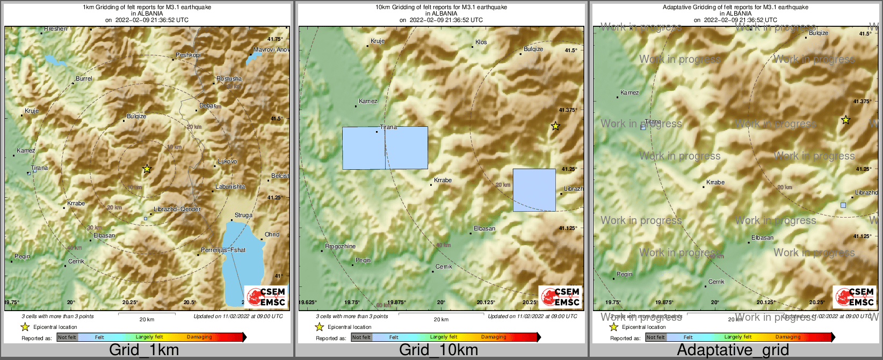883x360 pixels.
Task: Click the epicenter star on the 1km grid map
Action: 147,169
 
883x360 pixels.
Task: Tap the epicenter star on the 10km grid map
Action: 555,126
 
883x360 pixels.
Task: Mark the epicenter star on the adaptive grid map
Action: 845,120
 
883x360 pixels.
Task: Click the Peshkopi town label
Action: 188,55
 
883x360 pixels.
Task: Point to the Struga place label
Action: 243,215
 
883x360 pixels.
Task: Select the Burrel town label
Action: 84,78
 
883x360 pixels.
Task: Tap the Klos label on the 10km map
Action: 481,42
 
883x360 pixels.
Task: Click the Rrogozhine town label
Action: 341,246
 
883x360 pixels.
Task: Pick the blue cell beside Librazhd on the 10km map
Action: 534,190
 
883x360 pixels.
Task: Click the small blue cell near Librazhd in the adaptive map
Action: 843,205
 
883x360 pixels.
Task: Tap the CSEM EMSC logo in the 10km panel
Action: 560,297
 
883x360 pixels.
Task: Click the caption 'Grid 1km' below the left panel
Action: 144,350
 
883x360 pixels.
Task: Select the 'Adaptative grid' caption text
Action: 733,350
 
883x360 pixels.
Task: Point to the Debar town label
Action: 207,106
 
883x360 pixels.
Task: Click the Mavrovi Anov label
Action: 271,49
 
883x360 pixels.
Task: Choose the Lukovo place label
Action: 227,161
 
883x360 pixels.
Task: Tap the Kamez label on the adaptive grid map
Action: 629,92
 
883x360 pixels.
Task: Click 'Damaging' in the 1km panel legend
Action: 199,337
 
